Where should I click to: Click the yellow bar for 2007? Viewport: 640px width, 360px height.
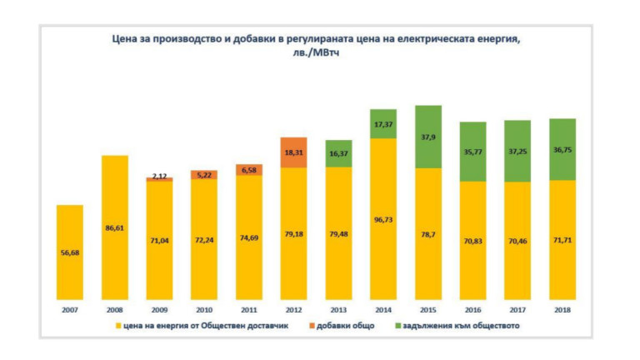[x=70, y=252]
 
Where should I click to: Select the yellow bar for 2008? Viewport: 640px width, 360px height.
[x=115, y=227]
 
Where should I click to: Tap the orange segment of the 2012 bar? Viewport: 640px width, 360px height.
[x=293, y=152]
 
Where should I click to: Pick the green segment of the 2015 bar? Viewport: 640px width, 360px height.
[x=427, y=137]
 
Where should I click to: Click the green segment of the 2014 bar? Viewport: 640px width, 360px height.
[x=382, y=123]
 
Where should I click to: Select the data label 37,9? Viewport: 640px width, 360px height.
[x=427, y=138]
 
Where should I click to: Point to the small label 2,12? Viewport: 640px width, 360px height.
[x=159, y=176]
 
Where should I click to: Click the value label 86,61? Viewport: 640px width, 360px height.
[x=115, y=227]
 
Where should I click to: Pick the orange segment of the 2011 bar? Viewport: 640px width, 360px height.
[x=248, y=170]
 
